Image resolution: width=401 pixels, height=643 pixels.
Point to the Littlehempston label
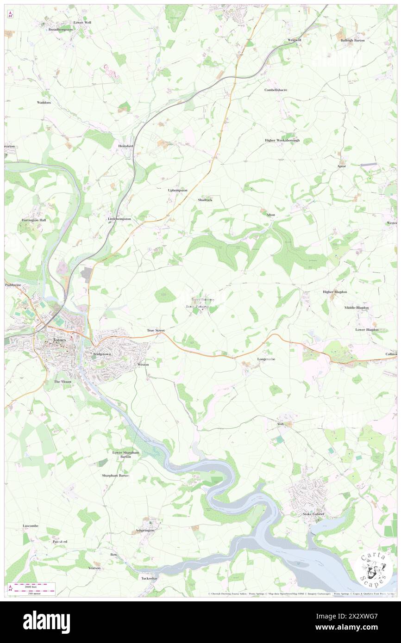click(x=119, y=218)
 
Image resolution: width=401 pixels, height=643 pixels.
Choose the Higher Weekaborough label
click(x=282, y=140)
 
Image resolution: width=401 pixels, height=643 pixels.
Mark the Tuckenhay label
click(x=150, y=578)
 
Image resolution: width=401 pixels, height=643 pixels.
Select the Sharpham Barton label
click(x=115, y=475)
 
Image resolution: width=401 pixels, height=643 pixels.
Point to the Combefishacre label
click(x=276, y=90)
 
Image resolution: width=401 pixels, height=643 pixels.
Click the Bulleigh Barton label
click(x=353, y=40)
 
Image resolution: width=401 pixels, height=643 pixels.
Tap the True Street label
click(x=156, y=330)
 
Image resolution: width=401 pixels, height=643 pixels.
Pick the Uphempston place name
click(x=177, y=190)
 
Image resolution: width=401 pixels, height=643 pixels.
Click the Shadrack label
click(x=205, y=200)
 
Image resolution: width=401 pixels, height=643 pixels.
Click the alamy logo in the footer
click(x=46, y=622)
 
